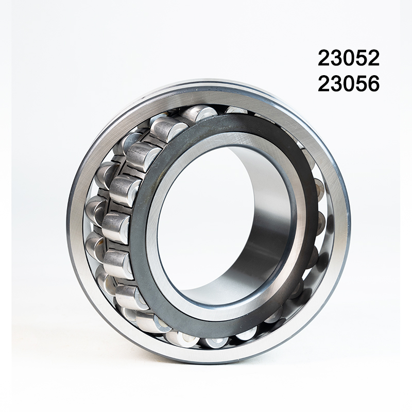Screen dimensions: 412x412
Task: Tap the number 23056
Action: coord(349,83)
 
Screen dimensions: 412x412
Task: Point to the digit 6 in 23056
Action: coord(373,83)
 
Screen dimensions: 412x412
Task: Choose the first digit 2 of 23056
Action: coord(324,83)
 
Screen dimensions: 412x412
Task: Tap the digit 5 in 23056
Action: coord(361,83)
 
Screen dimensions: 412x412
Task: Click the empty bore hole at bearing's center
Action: coord(206,216)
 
